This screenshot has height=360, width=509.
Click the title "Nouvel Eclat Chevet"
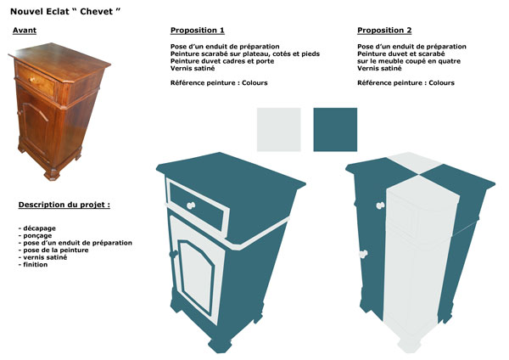click(x=65, y=11)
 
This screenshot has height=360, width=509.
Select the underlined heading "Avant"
click(x=25, y=31)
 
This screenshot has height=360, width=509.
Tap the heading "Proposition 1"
click(x=198, y=31)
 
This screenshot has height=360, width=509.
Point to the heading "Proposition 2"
click(x=384, y=31)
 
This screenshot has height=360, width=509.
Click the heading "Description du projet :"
click(x=64, y=205)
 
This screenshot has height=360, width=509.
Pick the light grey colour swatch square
click(x=279, y=130)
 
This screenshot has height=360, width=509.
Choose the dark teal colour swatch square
click(x=335, y=130)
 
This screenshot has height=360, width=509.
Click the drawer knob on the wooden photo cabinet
click(x=32, y=79)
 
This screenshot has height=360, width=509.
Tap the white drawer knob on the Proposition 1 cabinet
click(x=191, y=205)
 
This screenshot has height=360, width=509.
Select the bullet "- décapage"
click(x=37, y=228)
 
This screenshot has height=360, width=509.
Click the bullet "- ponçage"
click(x=35, y=235)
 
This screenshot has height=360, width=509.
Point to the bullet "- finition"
click(x=33, y=264)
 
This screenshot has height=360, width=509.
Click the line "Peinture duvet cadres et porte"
click(x=222, y=61)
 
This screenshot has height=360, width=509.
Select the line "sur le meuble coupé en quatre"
click(x=409, y=61)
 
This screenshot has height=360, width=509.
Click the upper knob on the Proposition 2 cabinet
click(x=380, y=205)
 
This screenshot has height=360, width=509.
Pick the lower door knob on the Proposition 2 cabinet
click(x=363, y=254)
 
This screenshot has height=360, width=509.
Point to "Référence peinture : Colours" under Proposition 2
click(x=406, y=83)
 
